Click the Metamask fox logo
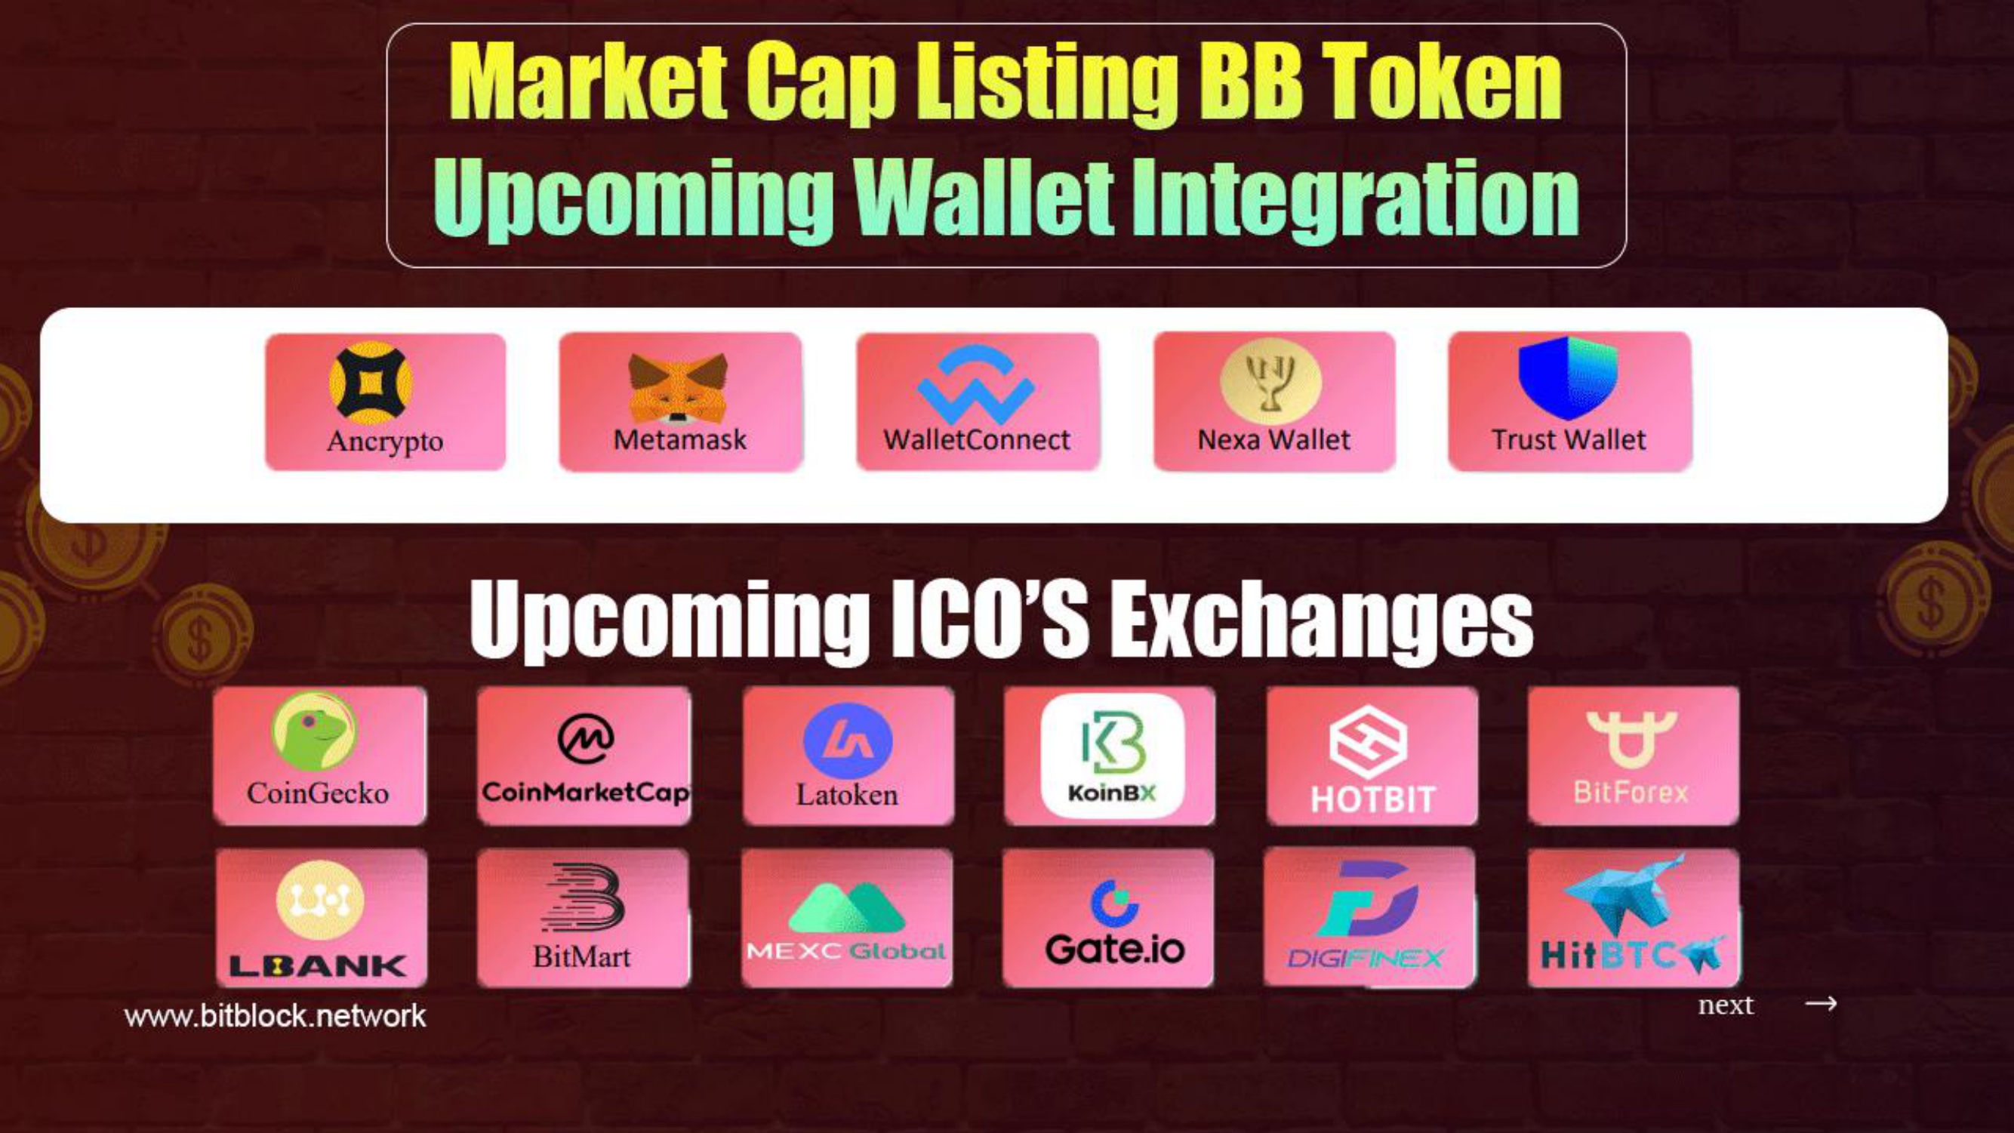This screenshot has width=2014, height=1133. (678, 387)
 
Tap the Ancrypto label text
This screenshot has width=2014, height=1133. (385, 441)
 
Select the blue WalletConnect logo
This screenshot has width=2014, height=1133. (977, 385)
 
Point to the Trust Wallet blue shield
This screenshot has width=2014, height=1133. (1568, 378)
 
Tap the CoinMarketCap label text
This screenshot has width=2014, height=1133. (586, 793)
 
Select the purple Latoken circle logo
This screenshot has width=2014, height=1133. (848, 740)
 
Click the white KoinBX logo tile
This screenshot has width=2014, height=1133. (1113, 756)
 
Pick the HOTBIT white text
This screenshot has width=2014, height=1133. (1373, 799)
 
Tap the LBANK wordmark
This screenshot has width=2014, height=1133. (317, 966)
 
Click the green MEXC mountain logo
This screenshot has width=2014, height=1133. (847, 907)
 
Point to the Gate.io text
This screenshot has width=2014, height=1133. (1115, 950)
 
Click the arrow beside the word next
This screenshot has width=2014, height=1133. (1820, 1003)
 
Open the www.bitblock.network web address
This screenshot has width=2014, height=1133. (276, 1016)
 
